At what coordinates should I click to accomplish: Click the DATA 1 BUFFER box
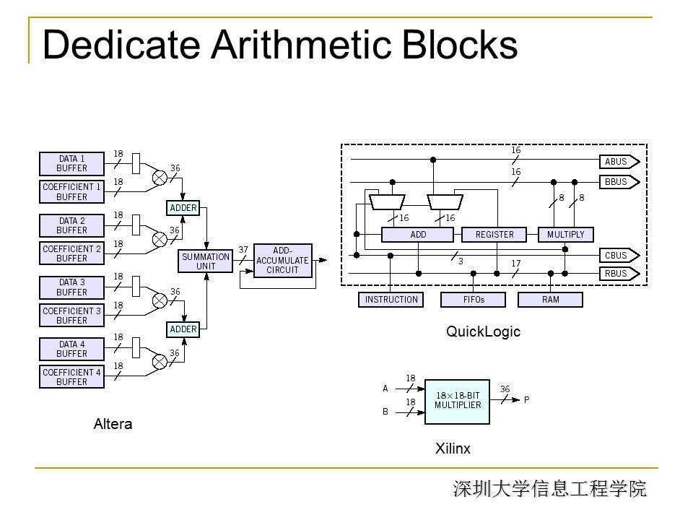(72, 164)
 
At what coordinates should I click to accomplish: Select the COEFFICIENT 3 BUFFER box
(72, 316)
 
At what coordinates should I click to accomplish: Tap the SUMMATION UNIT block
(206, 261)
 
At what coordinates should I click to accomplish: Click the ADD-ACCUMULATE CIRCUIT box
(282, 261)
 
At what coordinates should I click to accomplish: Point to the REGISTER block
(494, 235)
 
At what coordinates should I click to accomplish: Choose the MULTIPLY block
(566, 235)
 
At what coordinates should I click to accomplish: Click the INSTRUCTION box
(391, 300)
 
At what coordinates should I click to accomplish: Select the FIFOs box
(473, 300)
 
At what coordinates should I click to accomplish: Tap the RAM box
(550, 300)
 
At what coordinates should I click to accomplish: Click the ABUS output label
(616, 162)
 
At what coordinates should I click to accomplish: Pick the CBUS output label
(616, 256)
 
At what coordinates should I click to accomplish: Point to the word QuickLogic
(483, 332)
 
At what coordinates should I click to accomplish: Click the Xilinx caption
(453, 448)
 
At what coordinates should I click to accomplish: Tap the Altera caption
(113, 424)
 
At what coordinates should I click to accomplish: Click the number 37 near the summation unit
(243, 250)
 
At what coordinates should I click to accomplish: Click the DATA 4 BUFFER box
(72, 349)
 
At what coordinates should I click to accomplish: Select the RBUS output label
(616, 274)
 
